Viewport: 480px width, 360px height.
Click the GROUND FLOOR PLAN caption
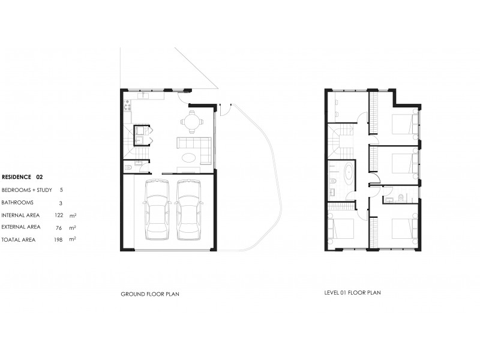coord(151,295)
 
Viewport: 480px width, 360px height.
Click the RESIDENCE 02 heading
coord(23,177)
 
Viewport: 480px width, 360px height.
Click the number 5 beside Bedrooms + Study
coord(61,190)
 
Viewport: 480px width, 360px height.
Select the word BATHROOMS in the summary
coord(18,202)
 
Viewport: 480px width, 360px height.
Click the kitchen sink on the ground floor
coord(145,95)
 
